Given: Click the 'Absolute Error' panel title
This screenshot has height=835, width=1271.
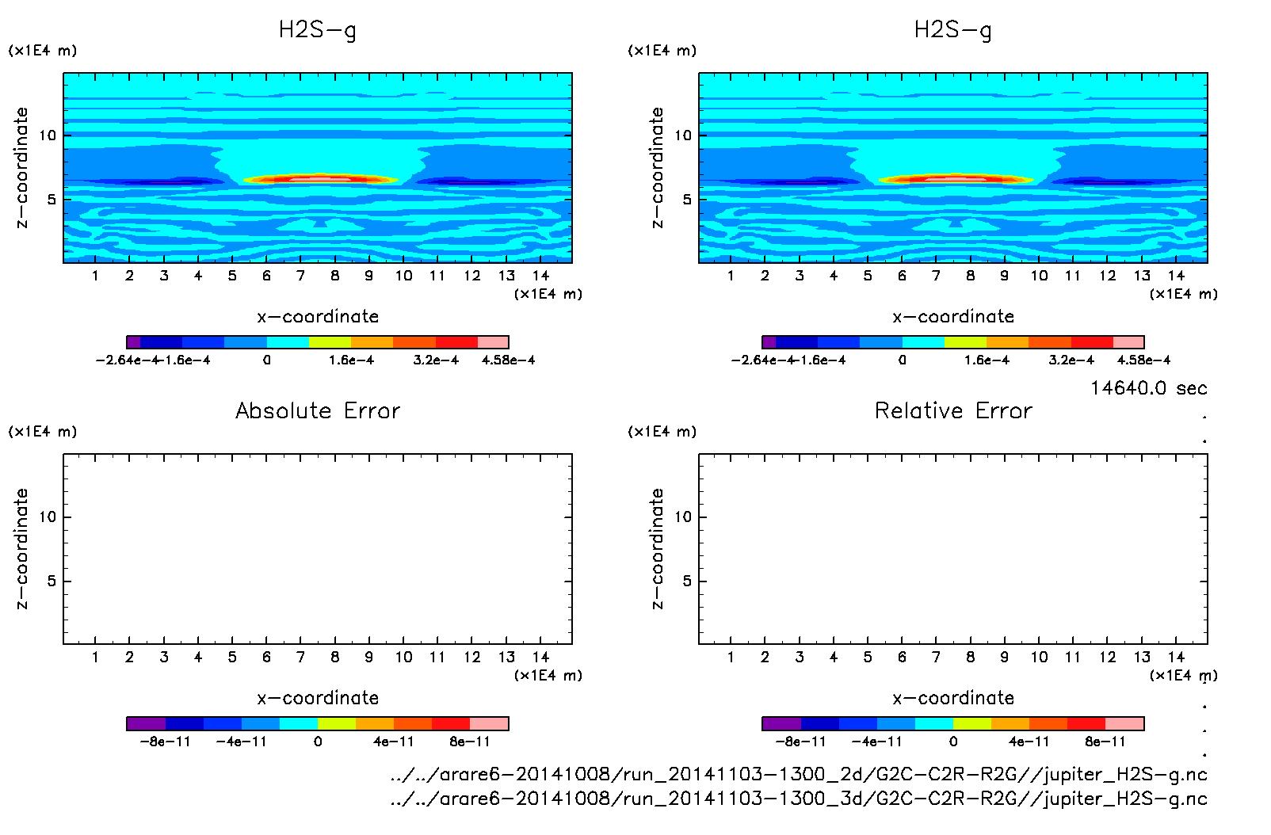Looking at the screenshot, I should tap(318, 410).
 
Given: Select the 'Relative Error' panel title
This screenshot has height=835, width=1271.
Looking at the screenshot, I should tap(953, 410).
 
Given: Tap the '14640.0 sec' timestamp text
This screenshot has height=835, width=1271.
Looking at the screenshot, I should tap(1148, 388).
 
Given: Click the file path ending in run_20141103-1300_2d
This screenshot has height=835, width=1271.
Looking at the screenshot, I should tap(799, 774).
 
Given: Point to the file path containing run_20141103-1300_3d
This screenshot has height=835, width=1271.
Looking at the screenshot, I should tap(799, 799).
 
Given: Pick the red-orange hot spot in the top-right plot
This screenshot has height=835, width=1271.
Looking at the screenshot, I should tap(956, 179).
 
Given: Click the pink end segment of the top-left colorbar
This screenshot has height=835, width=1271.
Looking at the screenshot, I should tap(493, 342).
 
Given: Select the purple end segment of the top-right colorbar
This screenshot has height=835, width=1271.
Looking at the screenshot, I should tap(769, 342).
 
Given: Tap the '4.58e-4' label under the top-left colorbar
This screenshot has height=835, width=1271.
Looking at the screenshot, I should tap(508, 360).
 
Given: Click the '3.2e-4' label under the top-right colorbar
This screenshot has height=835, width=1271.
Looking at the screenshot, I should tap(1071, 360).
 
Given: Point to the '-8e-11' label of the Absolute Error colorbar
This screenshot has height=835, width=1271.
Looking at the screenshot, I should tap(165, 742).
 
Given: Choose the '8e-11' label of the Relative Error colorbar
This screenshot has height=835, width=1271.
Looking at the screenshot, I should tap(1105, 742).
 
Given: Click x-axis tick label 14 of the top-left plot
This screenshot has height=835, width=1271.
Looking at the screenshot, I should tap(540, 276).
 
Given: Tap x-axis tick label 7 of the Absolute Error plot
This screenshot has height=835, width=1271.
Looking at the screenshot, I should tap(300, 658).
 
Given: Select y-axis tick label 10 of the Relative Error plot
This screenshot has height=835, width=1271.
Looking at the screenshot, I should tap(683, 517).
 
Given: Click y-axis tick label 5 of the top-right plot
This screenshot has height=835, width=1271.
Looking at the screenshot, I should tap(687, 200).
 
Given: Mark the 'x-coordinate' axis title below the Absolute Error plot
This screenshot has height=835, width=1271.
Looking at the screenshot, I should tap(318, 698).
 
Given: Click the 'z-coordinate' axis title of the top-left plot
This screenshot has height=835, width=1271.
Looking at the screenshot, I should tap(22, 168).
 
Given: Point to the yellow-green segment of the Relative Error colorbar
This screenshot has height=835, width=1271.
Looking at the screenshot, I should tap(972, 723).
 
